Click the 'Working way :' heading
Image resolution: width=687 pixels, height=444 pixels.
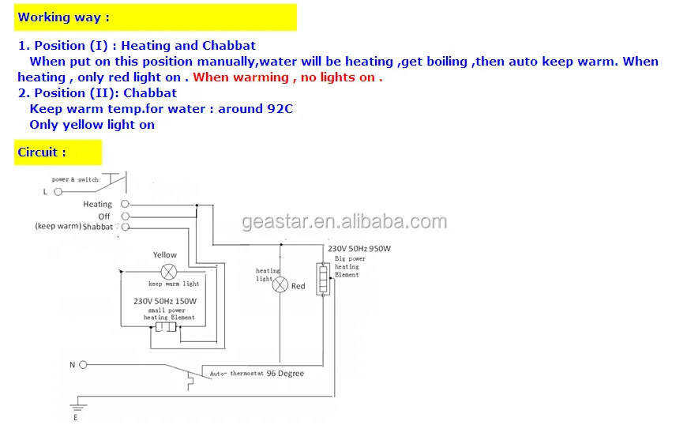point(64,17)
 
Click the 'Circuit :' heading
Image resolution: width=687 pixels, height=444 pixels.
point(42,152)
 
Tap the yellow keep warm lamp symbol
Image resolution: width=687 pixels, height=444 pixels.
point(167,270)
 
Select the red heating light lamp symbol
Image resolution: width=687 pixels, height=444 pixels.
point(280,284)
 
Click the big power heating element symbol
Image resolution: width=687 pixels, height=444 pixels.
point(322,279)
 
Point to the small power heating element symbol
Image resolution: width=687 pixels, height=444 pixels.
point(166,327)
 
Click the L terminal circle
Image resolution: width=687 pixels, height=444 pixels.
point(55,191)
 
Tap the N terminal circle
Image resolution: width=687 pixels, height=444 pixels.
point(83,364)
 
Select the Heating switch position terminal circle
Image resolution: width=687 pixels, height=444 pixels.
point(125,204)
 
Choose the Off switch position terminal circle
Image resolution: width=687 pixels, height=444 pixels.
point(125,216)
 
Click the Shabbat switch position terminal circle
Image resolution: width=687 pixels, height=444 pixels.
point(125,227)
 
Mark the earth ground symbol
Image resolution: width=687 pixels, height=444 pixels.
point(76,406)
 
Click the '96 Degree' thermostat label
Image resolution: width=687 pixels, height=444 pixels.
point(284,373)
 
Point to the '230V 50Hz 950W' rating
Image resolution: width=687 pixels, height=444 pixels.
point(359,248)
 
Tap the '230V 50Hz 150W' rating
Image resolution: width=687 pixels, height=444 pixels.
point(165,301)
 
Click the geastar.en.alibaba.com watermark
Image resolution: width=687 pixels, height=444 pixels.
point(344,221)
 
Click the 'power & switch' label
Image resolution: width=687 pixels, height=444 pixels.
point(75,179)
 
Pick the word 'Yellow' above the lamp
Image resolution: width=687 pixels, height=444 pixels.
point(165,254)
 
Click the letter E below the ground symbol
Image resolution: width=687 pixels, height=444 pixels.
point(76,417)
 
